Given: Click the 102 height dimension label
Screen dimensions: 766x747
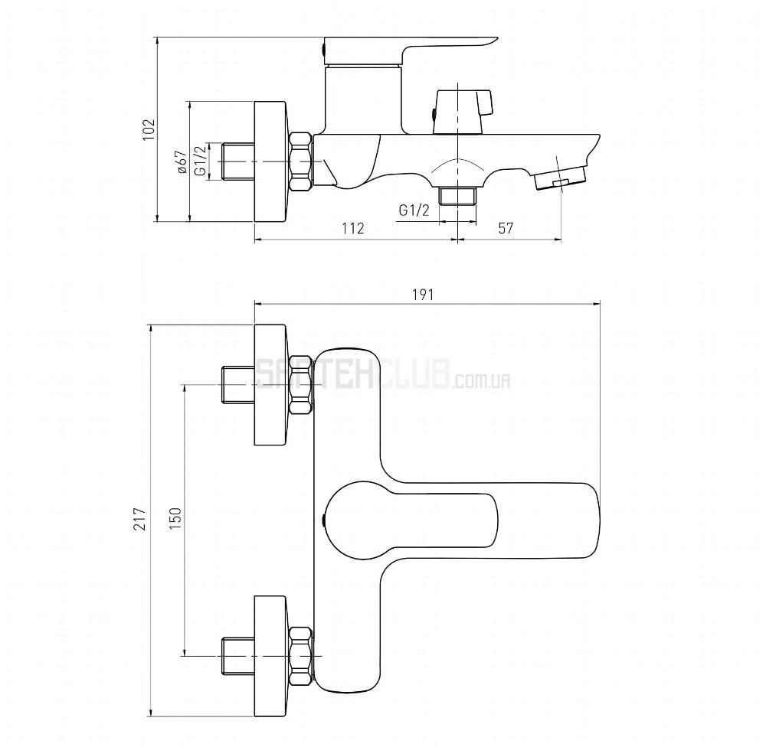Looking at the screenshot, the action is pos(149,129).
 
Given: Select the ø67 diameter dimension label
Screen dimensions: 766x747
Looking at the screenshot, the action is pos(182,162).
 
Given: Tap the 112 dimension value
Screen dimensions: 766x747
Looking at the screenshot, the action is pos(352,228).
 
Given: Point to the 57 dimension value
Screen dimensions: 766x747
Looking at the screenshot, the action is pos(506,228).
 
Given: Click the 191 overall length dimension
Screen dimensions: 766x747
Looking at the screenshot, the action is pos(423,295).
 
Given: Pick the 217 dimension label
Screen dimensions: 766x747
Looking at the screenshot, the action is pos(141,518).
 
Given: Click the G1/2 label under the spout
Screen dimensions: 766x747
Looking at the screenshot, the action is pos(414,210).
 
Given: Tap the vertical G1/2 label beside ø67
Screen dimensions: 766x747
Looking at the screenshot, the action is pos(200,161).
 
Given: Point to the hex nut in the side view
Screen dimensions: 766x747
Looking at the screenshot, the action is pos(301,161).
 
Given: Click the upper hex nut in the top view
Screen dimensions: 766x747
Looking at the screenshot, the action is pos(301,385).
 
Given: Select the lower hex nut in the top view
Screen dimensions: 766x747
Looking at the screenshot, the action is pos(301,657).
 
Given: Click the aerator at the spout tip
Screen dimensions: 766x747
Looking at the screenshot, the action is pos(560,178).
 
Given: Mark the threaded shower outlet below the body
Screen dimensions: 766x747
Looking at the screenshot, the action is pos(458,196).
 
